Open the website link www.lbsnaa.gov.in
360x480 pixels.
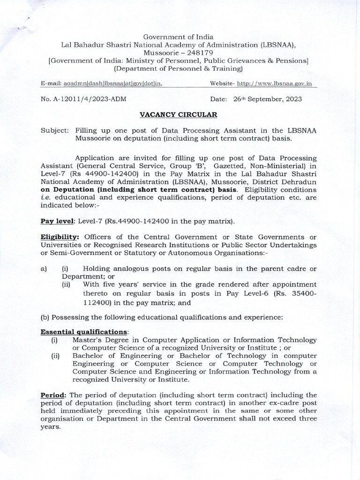(x=274, y=83)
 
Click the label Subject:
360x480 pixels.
(x=54, y=131)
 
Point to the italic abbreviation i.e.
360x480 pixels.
(x=45, y=198)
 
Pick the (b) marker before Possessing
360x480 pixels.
(x=46, y=317)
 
